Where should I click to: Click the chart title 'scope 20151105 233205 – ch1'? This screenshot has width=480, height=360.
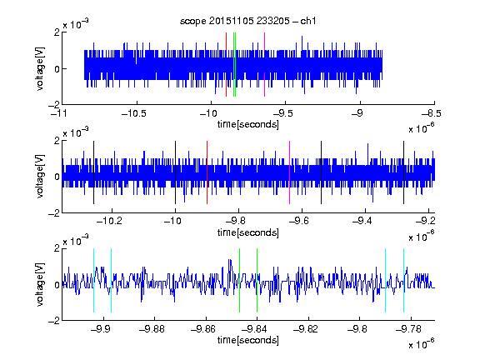tap(248, 21)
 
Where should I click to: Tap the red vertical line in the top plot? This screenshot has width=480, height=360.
tap(226, 65)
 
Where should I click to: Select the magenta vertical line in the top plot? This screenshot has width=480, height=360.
tap(264, 65)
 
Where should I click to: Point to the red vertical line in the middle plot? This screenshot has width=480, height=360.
tap(207, 172)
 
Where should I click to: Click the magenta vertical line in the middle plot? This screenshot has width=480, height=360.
tap(290, 172)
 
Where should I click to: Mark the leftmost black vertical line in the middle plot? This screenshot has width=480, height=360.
tap(93, 172)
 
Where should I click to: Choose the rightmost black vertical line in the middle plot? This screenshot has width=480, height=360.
tap(403, 172)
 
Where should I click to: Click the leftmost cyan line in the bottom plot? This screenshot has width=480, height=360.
tap(93, 280)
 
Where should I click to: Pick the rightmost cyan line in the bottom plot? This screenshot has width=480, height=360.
tap(403, 280)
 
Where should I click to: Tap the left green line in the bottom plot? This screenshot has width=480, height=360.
tap(239, 280)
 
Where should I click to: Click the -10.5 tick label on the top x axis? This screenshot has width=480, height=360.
tap(134, 113)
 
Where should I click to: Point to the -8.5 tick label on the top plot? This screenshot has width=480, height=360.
tap(431, 113)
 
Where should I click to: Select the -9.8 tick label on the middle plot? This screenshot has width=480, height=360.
tap(237, 221)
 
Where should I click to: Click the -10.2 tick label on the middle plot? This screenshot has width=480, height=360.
tap(109, 221)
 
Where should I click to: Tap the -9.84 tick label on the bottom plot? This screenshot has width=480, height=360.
tap(254, 329)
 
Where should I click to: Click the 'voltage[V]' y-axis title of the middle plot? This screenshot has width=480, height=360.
tap(40, 177)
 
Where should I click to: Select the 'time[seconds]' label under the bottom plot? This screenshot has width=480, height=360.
tap(248, 340)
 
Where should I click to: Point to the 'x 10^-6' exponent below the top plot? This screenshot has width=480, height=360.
tap(422, 127)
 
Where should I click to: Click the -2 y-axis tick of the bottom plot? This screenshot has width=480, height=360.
tap(54, 321)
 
